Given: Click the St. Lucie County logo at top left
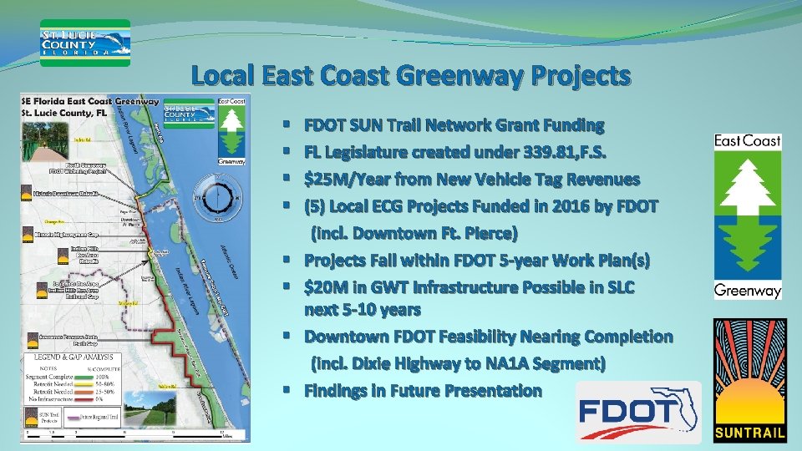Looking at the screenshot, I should pyautogui.click(x=85, y=42).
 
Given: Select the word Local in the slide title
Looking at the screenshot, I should pyautogui.click(x=223, y=77).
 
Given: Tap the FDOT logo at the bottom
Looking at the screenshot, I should pyautogui.click(x=639, y=412).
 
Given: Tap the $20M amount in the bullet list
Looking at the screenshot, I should pyautogui.click(x=327, y=287).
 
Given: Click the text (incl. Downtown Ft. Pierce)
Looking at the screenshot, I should pyautogui.click(x=414, y=232).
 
